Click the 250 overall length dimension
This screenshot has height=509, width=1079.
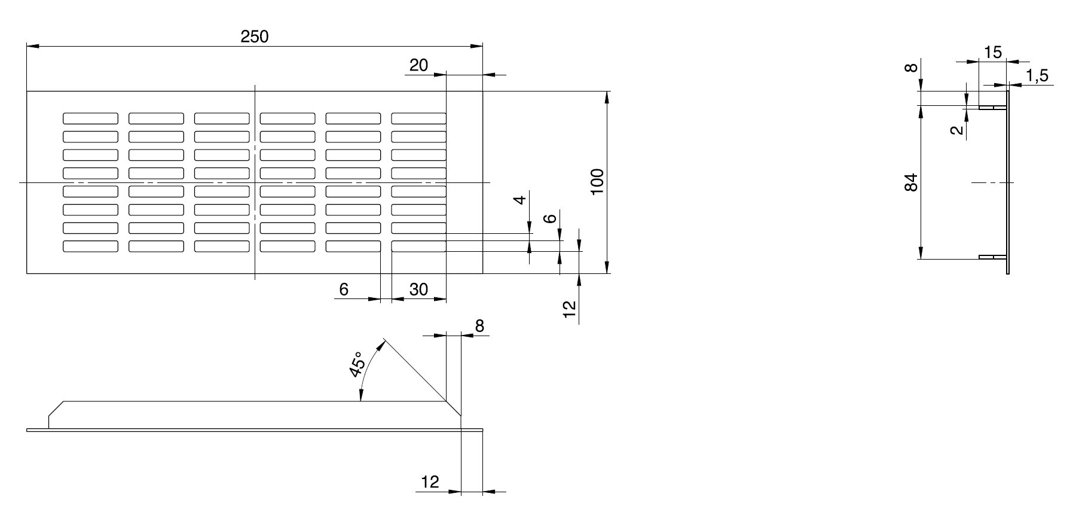click(x=255, y=36)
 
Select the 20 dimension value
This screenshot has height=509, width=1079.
click(x=419, y=65)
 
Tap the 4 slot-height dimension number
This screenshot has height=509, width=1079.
click(x=521, y=199)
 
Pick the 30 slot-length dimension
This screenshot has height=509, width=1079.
click(x=419, y=289)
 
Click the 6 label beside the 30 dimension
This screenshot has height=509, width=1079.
click(x=344, y=289)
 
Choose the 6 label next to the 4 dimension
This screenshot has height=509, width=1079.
click(x=552, y=218)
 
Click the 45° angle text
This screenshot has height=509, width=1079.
click(x=357, y=364)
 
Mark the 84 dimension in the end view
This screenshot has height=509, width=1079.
click(x=911, y=182)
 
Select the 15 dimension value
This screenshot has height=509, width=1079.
click(x=992, y=53)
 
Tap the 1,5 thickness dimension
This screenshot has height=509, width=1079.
click(x=1037, y=76)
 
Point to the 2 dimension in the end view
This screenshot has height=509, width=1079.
click(x=958, y=130)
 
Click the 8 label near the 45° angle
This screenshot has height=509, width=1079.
click(x=479, y=326)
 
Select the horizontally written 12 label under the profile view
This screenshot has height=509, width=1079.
click(x=430, y=481)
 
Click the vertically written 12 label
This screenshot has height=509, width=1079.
click(x=570, y=308)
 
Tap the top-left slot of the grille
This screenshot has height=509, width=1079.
click(x=90, y=118)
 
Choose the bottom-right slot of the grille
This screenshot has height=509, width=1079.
click(x=419, y=246)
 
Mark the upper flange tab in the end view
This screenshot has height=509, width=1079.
click(x=992, y=108)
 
